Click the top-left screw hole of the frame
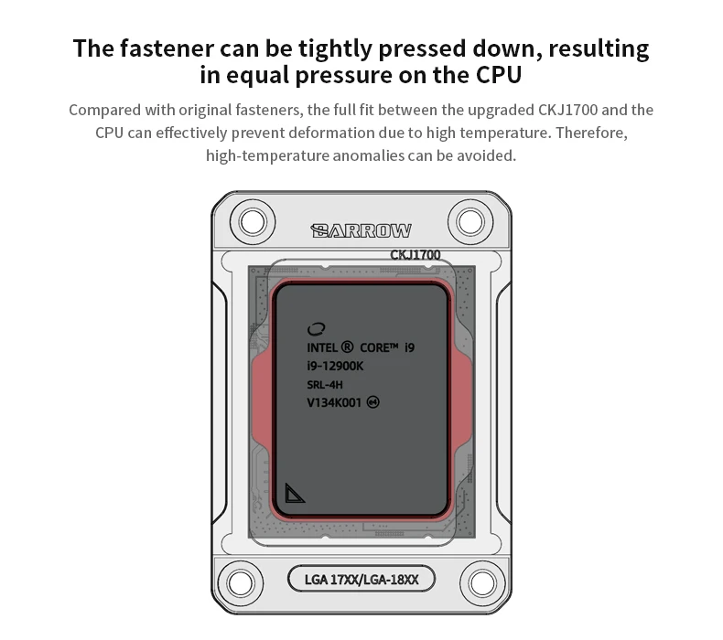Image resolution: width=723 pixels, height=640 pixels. (x=252, y=220)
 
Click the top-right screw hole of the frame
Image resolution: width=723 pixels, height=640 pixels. (x=470, y=220)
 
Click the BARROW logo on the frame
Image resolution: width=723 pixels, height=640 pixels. (x=361, y=230)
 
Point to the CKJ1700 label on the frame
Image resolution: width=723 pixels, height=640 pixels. (x=415, y=255)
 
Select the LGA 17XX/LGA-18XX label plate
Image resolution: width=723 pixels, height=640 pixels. (x=361, y=579)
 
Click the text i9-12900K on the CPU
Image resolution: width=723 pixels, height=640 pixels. (x=335, y=366)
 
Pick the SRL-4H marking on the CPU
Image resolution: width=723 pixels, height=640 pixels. (x=325, y=384)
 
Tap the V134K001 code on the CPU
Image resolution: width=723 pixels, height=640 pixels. (x=334, y=402)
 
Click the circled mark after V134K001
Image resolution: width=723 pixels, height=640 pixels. (x=372, y=402)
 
